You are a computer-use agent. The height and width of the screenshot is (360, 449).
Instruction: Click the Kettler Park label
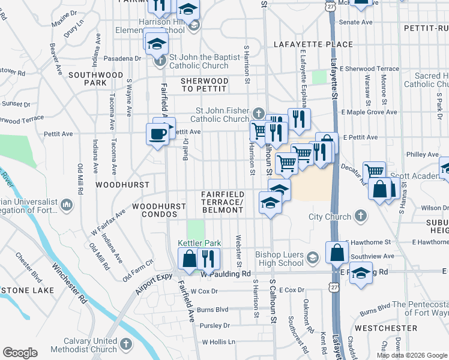[200, 244]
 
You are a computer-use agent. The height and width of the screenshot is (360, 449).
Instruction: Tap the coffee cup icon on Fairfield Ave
[157, 134]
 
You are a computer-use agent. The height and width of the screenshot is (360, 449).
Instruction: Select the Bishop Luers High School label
[280, 259]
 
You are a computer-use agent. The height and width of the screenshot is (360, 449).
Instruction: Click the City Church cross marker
[360, 216]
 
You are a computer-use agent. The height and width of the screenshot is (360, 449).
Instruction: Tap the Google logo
[20, 353]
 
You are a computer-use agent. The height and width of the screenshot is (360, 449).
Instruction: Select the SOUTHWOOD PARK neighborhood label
[87, 79]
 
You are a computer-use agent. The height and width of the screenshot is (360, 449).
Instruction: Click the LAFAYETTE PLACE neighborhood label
[313, 44]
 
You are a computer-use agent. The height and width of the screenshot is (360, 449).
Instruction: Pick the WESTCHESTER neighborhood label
[385, 328]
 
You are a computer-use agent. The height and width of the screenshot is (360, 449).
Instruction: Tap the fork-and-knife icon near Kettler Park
[208, 259]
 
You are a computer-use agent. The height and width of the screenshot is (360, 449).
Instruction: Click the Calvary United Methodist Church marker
[125, 344]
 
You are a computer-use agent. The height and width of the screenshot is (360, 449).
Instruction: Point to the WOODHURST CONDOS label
[159, 211]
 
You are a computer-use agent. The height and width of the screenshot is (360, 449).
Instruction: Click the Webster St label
[239, 251]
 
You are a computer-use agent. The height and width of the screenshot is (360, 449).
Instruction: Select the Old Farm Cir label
[138, 271]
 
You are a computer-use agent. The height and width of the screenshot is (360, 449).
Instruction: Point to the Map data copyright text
[412, 355]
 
